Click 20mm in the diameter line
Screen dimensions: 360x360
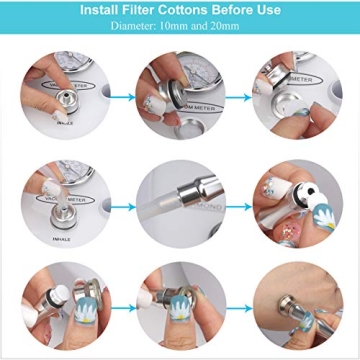click(x=220, y=27)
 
